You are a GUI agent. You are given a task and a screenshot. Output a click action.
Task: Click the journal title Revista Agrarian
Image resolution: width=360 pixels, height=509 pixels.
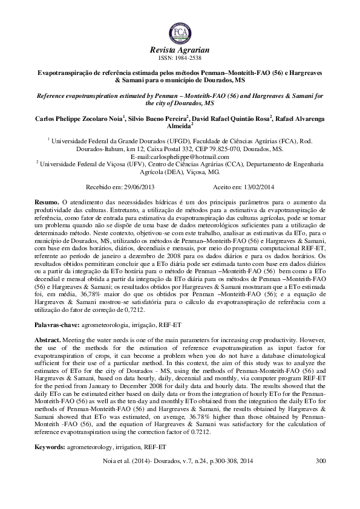[x=180, y=50]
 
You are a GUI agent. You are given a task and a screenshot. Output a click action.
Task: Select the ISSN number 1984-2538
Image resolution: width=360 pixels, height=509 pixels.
[x=189, y=58]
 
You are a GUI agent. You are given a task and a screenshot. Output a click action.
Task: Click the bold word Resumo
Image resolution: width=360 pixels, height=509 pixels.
[x=47, y=201]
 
